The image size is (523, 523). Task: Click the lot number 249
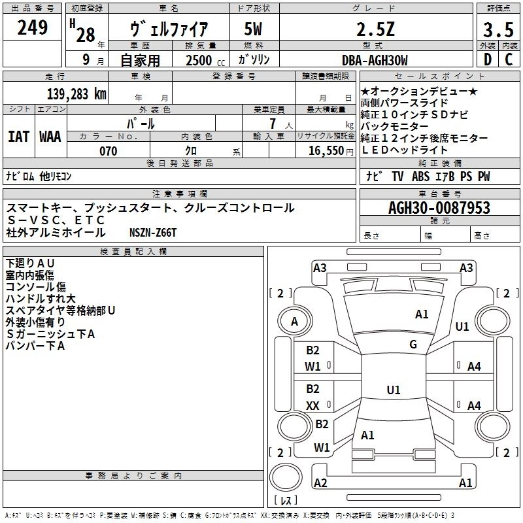(x=33, y=28)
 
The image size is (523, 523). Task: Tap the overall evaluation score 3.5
(x=498, y=31)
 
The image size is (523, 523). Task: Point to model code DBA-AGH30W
(x=375, y=60)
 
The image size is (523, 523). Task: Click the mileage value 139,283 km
(x=77, y=93)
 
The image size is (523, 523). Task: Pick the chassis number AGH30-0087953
(x=439, y=209)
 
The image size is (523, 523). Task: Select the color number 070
(x=108, y=151)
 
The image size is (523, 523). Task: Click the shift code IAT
(x=19, y=137)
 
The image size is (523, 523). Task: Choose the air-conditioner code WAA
(x=50, y=137)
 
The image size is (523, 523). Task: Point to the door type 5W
(x=254, y=30)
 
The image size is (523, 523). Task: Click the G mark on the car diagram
(x=413, y=345)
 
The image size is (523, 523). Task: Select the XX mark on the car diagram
(x=313, y=406)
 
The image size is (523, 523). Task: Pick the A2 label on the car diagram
(x=320, y=483)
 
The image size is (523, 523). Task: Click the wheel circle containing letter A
(x=294, y=321)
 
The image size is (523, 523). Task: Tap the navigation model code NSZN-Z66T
(x=153, y=233)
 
